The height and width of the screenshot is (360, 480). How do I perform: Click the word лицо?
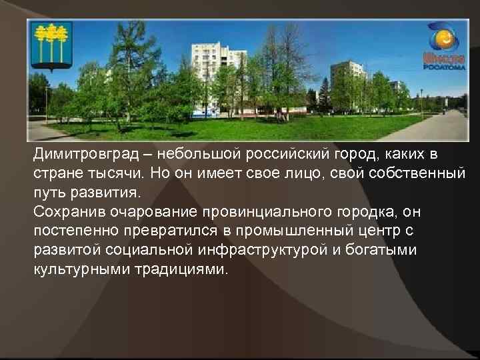click(285, 175)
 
